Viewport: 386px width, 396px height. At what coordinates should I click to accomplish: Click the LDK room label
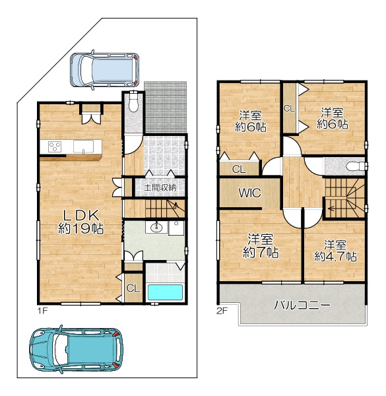[x=80, y=215]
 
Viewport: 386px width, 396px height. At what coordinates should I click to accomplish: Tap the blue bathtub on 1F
[x=165, y=292]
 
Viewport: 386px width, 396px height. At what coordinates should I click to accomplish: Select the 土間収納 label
[x=160, y=187]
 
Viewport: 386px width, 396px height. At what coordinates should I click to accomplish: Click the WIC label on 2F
[x=249, y=193]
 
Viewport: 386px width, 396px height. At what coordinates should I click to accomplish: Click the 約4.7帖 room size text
[x=335, y=257]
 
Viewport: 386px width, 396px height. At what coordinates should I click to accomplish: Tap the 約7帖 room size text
[x=261, y=252]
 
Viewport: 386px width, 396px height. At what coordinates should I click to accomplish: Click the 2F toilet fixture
[x=356, y=166]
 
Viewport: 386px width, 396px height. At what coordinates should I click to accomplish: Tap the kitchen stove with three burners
[x=55, y=147]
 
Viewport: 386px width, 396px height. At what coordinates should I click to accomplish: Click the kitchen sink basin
[x=83, y=147]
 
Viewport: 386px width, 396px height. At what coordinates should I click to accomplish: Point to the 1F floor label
[x=42, y=310]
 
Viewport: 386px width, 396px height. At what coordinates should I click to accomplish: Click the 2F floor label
[x=222, y=311]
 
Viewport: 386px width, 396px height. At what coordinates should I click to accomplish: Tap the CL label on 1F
[x=133, y=288]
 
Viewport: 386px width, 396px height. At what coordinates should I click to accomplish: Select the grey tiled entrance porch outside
[x=166, y=107]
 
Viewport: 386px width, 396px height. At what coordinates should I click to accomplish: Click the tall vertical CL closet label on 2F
[x=289, y=109]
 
